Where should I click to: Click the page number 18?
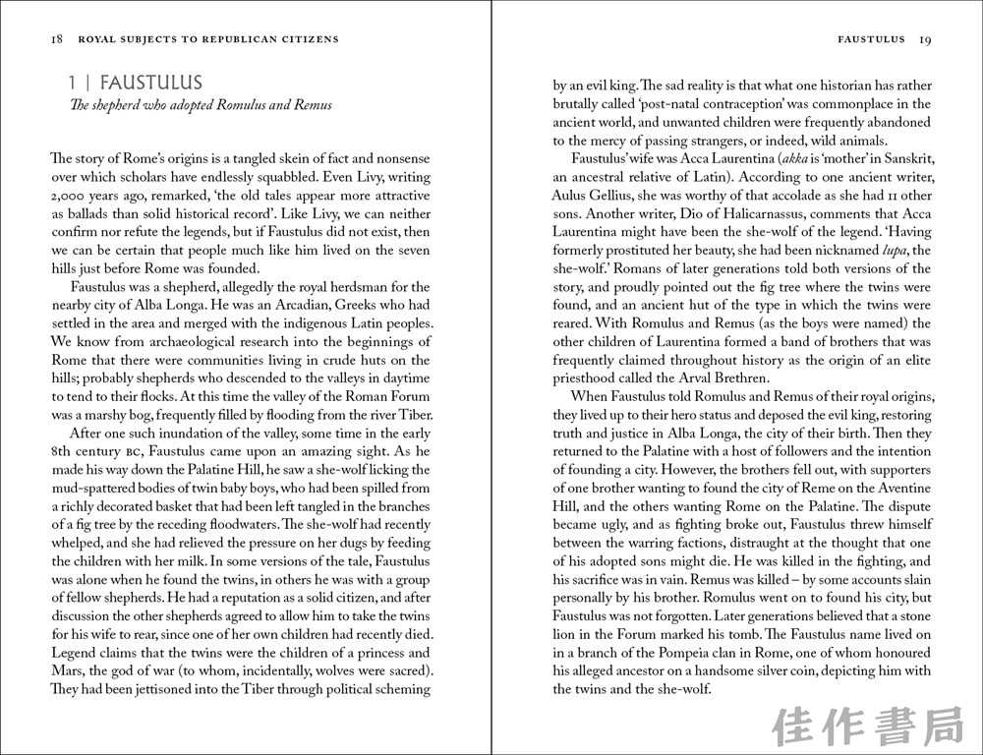56,39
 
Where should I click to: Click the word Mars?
67,670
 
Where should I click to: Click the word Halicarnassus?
763,213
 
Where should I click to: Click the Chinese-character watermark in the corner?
866,726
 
